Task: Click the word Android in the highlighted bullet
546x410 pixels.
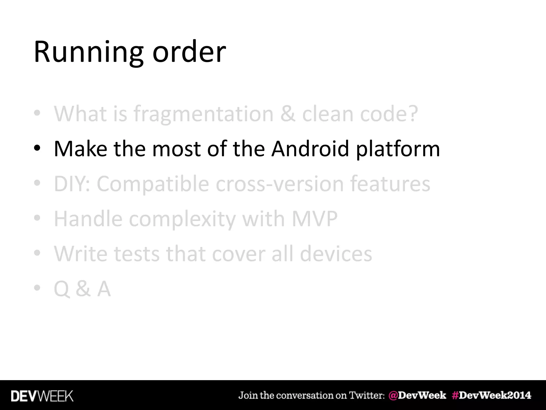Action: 310,148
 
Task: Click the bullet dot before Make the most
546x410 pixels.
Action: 37,148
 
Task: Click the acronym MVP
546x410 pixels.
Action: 315,219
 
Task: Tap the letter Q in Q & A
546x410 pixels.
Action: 61,289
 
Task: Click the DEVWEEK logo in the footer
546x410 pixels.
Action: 42,396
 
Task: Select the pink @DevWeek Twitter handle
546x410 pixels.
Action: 417,395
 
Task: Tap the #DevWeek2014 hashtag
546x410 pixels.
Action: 491,395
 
